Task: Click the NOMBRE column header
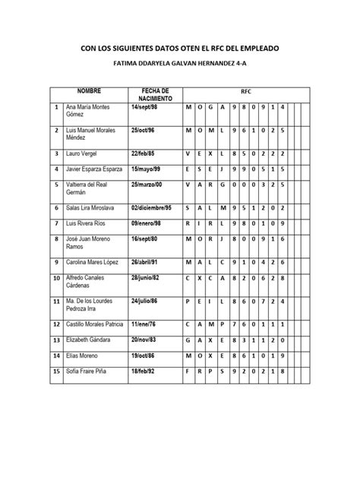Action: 89,90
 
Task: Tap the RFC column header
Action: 245,90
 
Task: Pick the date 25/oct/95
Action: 144,130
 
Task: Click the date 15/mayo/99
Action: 147,169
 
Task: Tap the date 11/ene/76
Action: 142,325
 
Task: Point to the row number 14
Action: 56,355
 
